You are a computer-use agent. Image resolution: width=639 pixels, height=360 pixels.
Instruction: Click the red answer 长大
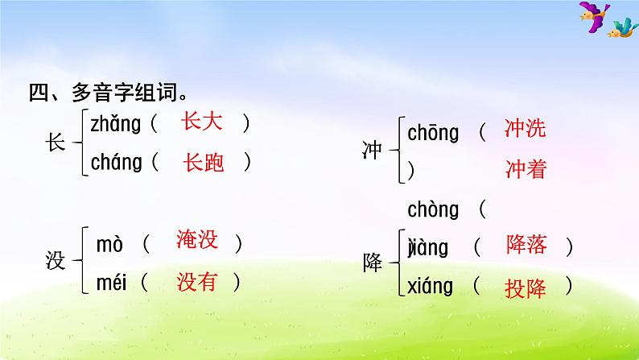point(202,122)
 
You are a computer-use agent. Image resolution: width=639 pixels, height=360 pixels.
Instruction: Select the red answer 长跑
point(204,162)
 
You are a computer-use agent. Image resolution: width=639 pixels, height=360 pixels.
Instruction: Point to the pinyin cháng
point(117,163)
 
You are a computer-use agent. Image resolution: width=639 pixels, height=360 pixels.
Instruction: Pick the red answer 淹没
point(197,240)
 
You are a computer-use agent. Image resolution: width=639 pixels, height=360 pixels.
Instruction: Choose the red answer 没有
point(197,281)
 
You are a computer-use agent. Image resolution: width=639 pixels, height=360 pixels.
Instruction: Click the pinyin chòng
point(433,211)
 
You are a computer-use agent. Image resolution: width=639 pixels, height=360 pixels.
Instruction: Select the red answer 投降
point(526,288)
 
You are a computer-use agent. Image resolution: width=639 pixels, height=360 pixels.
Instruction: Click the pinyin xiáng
point(431,286)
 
